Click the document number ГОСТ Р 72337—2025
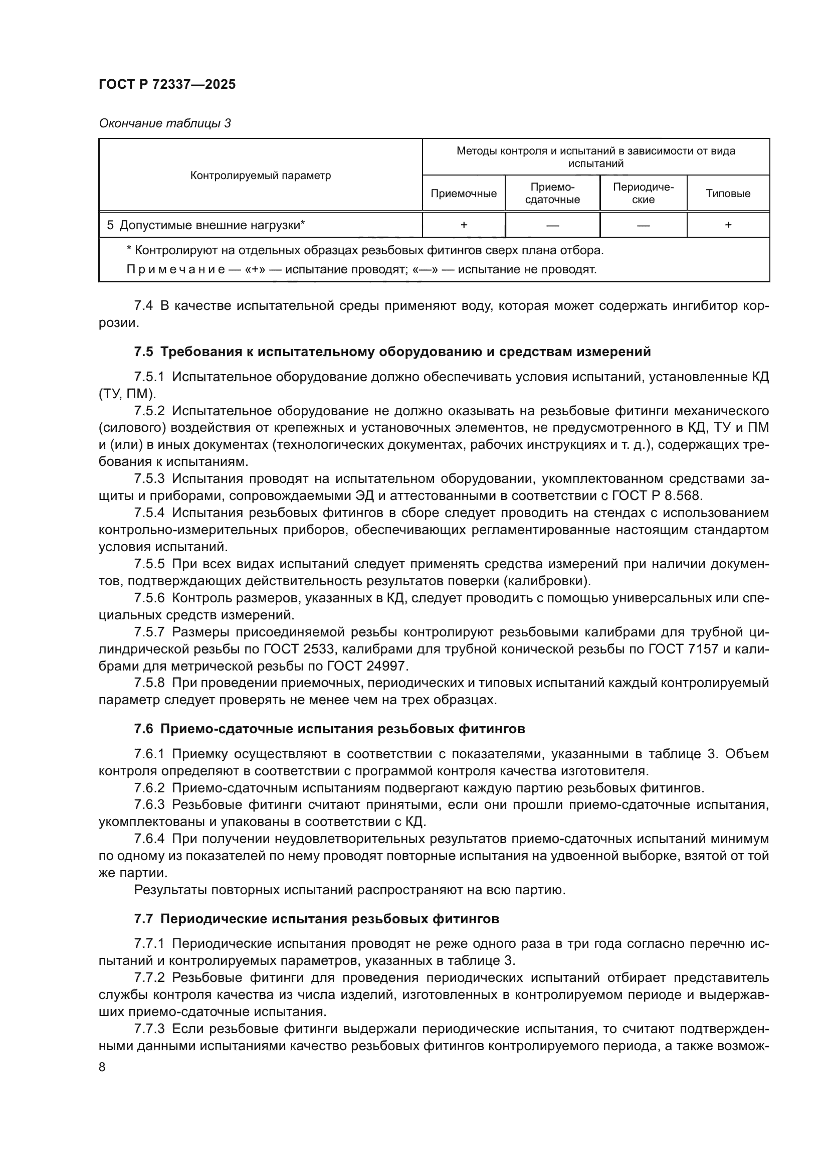167,84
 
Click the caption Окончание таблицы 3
164,123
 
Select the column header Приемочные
464,194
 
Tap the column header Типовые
728,194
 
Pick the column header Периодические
643,193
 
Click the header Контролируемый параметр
260,175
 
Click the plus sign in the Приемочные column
464,225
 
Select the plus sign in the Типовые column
728,225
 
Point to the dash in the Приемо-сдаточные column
552,225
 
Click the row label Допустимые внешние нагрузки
212,225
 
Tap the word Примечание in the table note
175,269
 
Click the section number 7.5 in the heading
143,352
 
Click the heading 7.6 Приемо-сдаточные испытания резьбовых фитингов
329,729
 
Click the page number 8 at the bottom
102,1067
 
